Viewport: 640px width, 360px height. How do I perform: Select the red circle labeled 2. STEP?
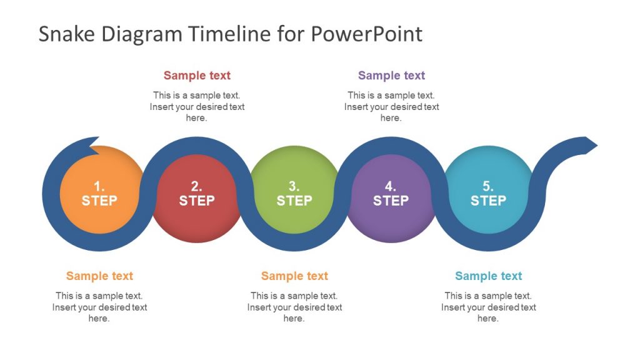197,198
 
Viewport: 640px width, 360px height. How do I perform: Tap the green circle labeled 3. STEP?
294,190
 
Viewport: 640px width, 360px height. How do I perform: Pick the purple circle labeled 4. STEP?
391,198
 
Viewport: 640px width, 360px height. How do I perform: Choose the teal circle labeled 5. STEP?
488,190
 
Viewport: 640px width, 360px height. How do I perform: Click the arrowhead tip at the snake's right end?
597,145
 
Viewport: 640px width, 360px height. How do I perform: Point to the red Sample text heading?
197,76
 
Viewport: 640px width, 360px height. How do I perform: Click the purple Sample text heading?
391,76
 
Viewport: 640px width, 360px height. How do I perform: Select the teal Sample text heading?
489,276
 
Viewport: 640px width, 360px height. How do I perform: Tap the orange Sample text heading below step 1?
99,276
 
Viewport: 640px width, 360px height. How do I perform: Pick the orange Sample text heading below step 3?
295,276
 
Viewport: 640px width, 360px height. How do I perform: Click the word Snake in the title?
66,34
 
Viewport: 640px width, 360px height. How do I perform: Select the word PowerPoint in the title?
366,34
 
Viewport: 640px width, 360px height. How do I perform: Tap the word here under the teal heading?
488,318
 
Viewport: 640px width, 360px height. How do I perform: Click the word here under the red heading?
196,118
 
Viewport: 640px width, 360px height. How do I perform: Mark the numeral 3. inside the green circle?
294,186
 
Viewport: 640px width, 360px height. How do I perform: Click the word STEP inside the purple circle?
391,201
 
